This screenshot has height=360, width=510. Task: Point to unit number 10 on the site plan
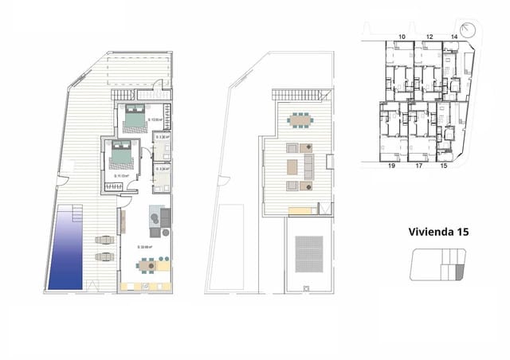click(402, 37)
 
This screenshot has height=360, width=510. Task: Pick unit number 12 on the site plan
click(429, 37)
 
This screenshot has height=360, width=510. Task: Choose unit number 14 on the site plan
click(453, 37)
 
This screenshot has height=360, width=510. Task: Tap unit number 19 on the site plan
click(392, 167)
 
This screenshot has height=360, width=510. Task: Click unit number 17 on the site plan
click(418, 167)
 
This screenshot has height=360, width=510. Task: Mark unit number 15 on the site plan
click(444, 167)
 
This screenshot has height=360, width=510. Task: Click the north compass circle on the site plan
click(469, 30)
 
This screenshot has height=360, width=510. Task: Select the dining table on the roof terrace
click(300, 119)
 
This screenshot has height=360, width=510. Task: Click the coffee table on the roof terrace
click(292, 166)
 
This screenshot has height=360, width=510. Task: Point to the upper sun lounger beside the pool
click(104, 240)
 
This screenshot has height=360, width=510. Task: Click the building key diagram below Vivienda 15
click(437, 264)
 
